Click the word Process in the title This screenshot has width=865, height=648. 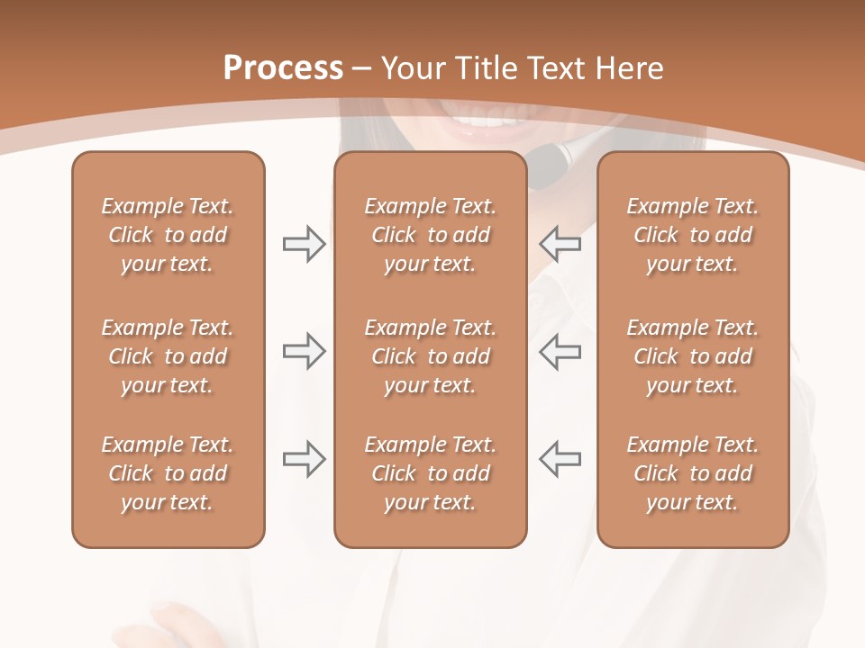coord(283,68)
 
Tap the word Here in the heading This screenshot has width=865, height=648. coord(630,68)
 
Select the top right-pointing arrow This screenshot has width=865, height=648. coord(305,244)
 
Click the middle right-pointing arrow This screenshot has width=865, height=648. coord(305,352)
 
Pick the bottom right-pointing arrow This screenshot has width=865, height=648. coord(305,459)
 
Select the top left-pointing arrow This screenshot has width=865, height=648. coord(560,244)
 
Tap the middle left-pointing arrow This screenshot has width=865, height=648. coord(560,352)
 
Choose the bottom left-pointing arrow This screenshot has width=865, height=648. coord(560,459)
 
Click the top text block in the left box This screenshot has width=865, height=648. coord(168,235)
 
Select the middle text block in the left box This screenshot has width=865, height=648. coord(168,356)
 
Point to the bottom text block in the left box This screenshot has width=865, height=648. coord(168,473)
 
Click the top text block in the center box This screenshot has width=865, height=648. coord(430,235)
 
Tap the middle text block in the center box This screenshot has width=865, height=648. coord(430,356)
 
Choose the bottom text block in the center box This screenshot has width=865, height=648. coord(430,473)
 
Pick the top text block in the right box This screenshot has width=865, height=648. coord(692,235)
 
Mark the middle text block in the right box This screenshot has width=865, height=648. coord(692,356)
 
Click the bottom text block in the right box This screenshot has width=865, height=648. coord(692,473)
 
